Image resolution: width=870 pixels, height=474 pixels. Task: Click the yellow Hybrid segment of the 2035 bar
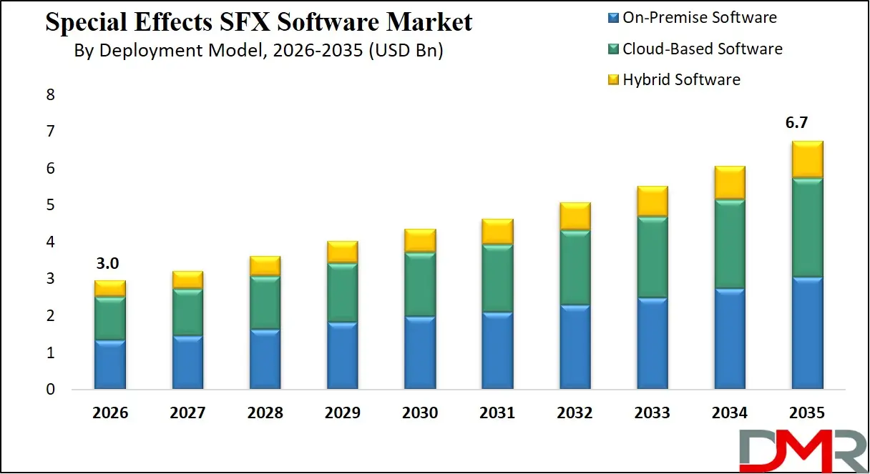coord(806,159)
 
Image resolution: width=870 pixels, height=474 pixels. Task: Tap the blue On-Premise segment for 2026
coord(109,364)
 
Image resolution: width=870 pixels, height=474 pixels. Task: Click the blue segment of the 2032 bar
coord(575,347)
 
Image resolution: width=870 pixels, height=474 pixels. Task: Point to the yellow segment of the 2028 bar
coord(265,266)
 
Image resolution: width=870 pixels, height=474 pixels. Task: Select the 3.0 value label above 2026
coord(107,263)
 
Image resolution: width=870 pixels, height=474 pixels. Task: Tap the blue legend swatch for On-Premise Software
coord(612,18)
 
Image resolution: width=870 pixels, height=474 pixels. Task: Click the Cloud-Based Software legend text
coord(702,49)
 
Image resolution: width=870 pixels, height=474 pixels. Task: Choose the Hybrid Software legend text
coord(681,79)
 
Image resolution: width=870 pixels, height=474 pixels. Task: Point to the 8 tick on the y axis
coord(50,95)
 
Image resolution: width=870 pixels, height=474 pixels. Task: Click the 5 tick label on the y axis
coord(50,206)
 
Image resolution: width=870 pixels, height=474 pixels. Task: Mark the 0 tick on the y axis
coord(50,390)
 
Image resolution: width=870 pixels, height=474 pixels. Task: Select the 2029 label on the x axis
coord(342,413)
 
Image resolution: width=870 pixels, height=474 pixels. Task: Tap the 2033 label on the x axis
coord(652,413)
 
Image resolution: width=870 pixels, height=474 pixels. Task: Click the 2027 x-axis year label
coord(187,413)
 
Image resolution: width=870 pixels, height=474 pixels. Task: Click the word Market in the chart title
coord(429,22)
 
